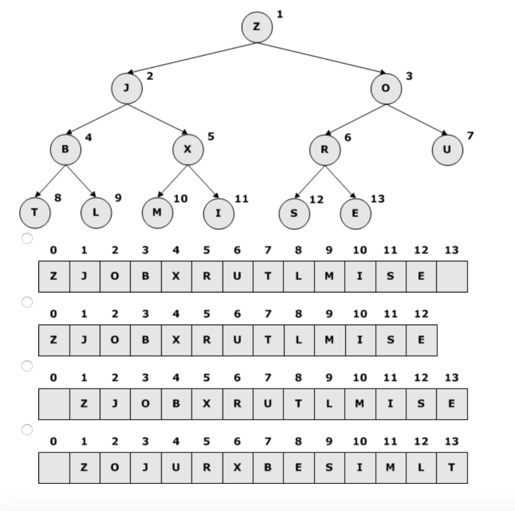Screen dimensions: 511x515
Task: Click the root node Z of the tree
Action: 256,27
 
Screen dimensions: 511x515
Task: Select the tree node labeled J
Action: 127,88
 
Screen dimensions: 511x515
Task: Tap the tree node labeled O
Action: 386,88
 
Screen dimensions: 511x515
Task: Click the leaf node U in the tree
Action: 447,150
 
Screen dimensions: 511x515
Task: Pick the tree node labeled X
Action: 188,149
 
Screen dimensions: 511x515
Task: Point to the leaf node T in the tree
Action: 34,213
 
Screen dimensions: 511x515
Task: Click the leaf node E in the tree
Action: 355,213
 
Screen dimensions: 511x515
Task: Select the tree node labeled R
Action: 324,150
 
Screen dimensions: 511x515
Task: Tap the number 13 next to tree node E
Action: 378,199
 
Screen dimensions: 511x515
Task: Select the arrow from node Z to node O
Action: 322,58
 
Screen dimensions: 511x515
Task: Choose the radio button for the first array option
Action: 27,238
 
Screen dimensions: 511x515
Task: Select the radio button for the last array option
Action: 27,430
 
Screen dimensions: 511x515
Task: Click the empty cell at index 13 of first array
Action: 452,276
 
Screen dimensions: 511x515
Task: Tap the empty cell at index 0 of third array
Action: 54,404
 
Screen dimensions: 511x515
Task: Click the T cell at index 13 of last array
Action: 452,468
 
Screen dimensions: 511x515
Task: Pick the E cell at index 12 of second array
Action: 421,340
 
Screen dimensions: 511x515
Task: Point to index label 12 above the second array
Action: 421,314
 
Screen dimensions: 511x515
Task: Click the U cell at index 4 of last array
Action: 176,468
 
